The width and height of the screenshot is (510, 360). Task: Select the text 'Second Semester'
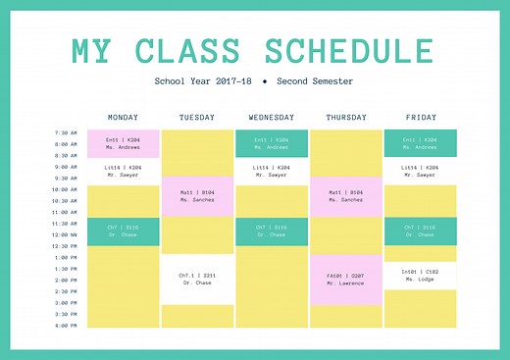pos(315,81)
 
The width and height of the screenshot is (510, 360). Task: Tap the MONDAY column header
pos(123,118)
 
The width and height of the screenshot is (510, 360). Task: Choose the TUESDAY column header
pos(197,118)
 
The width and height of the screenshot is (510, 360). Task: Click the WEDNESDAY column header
pos(272,118)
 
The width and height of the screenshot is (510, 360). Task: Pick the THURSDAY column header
pos(345,118)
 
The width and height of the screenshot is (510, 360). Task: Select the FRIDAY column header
pos(420,118)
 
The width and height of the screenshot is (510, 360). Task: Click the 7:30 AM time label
pos(66,132)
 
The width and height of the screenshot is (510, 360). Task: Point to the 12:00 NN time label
pos(66,234)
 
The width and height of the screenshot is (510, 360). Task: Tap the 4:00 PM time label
pos(66,325)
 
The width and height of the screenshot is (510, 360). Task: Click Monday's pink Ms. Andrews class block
pos(124,143)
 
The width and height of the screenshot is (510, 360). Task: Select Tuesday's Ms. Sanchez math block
pos(197,196)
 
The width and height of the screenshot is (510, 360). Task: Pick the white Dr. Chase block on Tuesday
pos(197,279)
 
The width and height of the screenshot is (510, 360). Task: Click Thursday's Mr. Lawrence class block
pos(345,280)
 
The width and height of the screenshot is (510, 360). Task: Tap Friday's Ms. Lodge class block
pos(420,276)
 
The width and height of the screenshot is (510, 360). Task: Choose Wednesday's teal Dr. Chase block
pos(272,231)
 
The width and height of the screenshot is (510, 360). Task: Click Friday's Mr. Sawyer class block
pos(420,171)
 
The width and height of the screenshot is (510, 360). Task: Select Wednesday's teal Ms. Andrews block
pos(272,143)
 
